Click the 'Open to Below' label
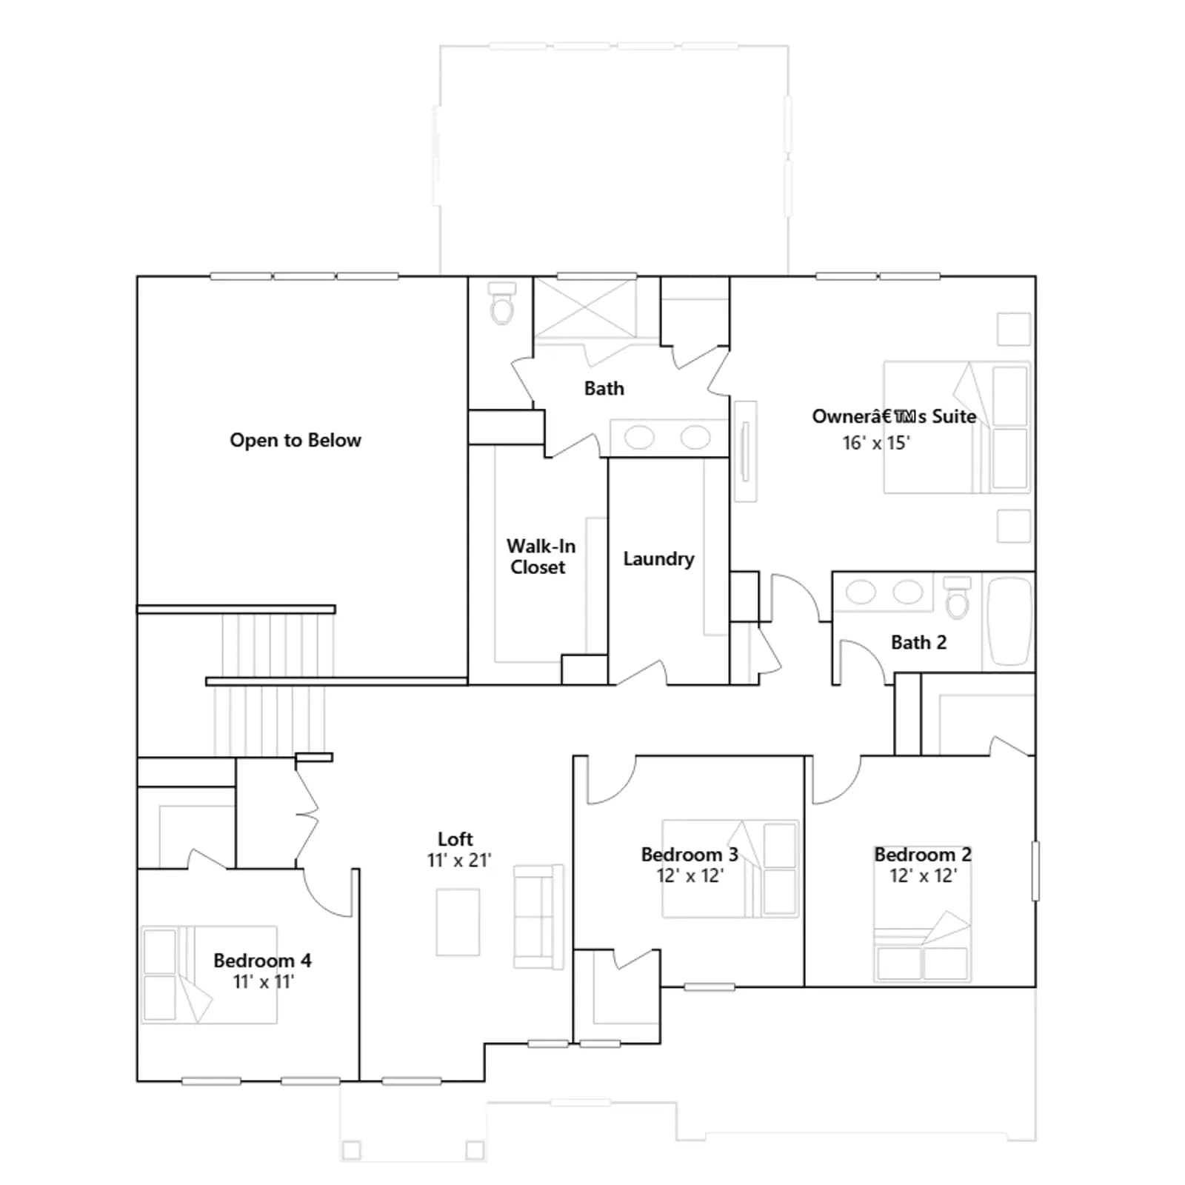296,440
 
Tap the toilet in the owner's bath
502,303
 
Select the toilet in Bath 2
958,598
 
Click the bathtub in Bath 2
1009,621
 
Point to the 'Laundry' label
658,559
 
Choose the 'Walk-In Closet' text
540,556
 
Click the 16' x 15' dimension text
876,442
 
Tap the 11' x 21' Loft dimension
459,860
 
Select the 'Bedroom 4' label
262,961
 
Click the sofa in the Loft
538,917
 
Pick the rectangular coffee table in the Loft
458,922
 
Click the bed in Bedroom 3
730,868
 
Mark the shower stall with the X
585,308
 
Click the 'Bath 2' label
918,642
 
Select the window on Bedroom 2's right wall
1035,871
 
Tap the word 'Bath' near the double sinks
604,388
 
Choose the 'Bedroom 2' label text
923,855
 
